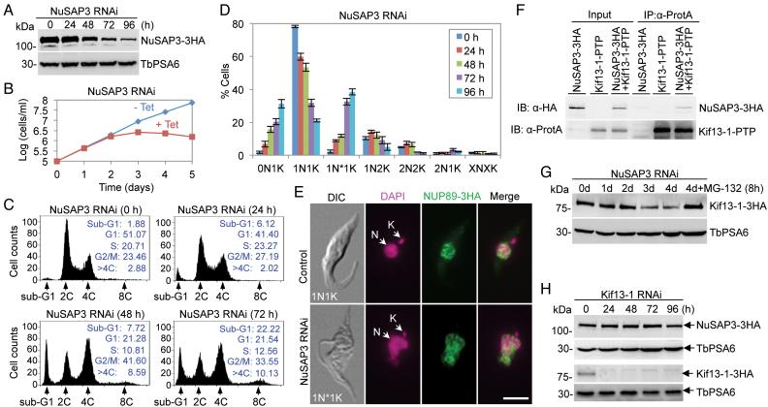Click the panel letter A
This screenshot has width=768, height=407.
pyautogui.click(x=8, y=9)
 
